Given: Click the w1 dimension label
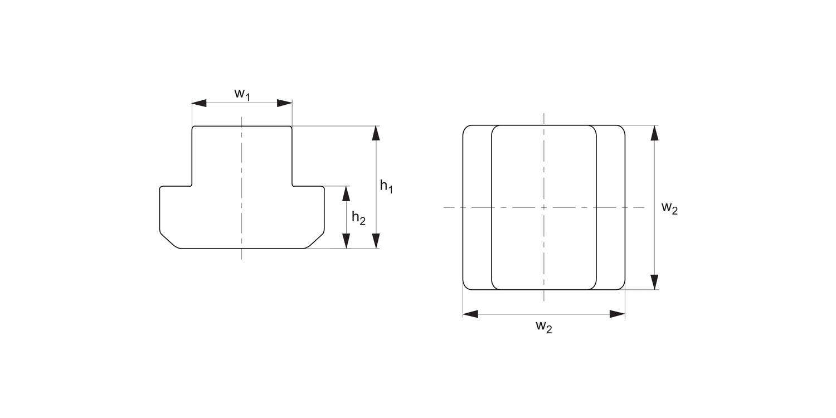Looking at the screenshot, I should [x=242, y=94].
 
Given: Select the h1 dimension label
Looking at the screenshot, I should [x=386, y=187].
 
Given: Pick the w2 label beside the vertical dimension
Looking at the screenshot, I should [x=669, y=208].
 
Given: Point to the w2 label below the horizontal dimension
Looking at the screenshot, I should [x=543, y=327].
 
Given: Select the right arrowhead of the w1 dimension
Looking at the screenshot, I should [x=285, y=103].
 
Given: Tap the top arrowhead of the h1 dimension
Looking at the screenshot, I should [x=376, y=133].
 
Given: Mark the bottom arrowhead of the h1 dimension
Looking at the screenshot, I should [x=376, y=241].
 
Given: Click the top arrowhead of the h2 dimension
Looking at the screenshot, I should [x=346, y=193].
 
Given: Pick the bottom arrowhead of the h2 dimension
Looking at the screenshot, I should [x=346, y=241].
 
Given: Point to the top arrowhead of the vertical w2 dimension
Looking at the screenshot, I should [x=655, y=133].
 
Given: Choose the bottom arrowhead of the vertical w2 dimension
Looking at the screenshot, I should [x=655, y=282].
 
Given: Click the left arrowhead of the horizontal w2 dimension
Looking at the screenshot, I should [x=470, y=314].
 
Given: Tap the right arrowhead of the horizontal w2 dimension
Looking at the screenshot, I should [x=618, y=314].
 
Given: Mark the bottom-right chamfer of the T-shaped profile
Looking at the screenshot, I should [x=315, y=240].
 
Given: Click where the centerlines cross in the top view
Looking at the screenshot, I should [x=544, y=207].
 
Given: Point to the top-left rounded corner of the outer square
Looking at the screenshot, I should [x=466, y=128].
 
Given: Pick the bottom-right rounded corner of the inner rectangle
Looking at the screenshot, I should [x=593, y=286].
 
